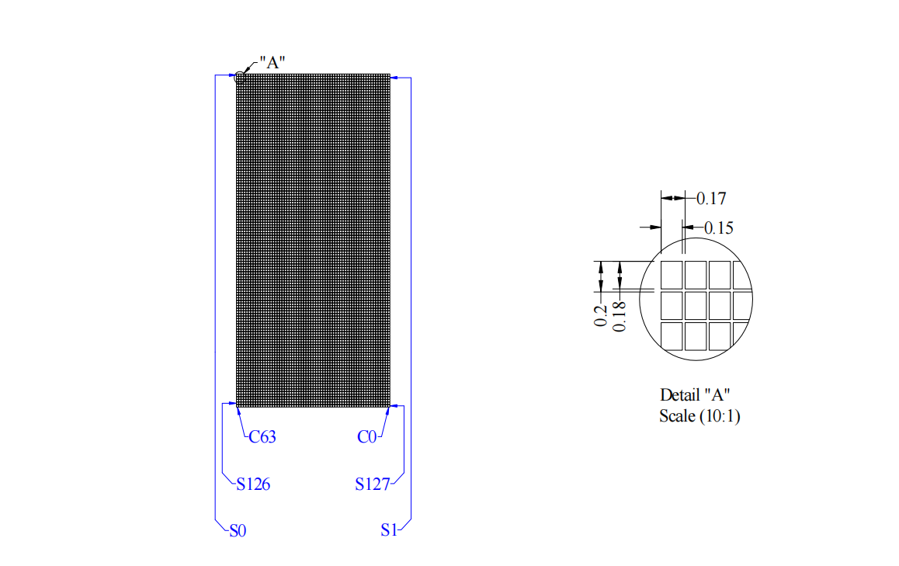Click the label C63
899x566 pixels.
click(262, 437)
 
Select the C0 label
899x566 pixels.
click(366, 437)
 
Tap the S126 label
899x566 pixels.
click(253, 484)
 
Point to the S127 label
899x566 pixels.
click(372, 484)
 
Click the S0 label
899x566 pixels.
click(238, 532)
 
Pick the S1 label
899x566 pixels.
click(389, 532)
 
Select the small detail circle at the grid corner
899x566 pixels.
click(240, 77)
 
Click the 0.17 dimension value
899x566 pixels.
click(710, 199)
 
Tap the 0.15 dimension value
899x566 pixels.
click(718, 228)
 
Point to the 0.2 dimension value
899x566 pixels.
click(600, 315)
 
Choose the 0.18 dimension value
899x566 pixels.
click(620, 317)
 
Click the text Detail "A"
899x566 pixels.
click(696, 394)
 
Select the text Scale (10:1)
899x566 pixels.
click(699, 416)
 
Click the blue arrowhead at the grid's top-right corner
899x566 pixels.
click(394, 77)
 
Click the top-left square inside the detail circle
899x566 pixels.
click(672, 274)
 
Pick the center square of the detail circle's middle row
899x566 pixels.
click(696, 304)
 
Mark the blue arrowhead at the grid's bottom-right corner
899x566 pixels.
click(394, 405)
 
